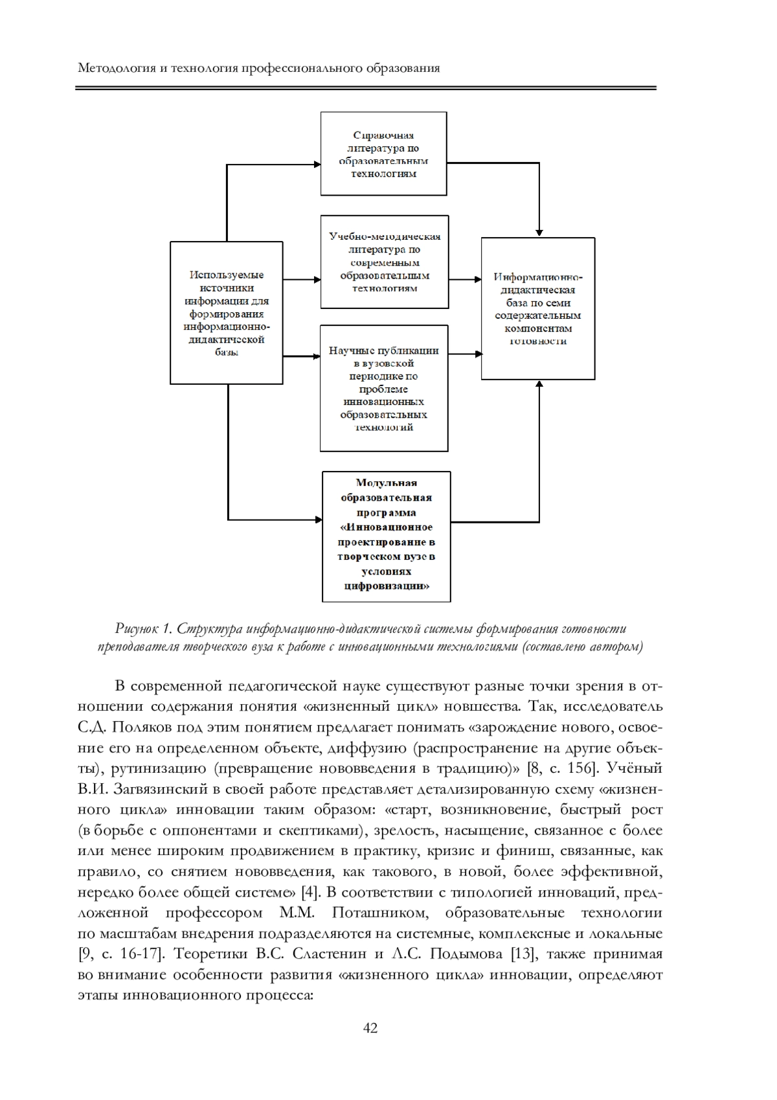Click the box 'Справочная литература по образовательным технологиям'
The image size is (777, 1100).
tap(383, 154)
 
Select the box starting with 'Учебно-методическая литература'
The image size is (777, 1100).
tap(384, 262)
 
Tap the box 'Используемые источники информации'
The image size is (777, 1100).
tap(226, 313)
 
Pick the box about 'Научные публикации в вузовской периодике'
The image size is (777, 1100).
tap(383, 388)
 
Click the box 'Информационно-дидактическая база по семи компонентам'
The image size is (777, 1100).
tap(537, 308)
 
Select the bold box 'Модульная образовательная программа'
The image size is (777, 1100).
tap(386, 536)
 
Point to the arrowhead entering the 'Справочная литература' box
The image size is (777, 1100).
tap(318, 165)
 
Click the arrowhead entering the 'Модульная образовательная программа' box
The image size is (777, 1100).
tap(319, 520)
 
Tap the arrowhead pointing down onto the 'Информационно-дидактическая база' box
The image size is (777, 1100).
tap(539, 233)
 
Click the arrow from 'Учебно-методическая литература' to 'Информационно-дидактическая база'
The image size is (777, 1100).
tap(465, 279)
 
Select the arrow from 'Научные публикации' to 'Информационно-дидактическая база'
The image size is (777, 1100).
tap(465, 354)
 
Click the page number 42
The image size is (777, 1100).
tap(370, 1028)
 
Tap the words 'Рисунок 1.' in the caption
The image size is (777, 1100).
tap(142, 628)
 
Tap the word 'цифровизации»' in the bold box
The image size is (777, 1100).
tap(386, 586)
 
